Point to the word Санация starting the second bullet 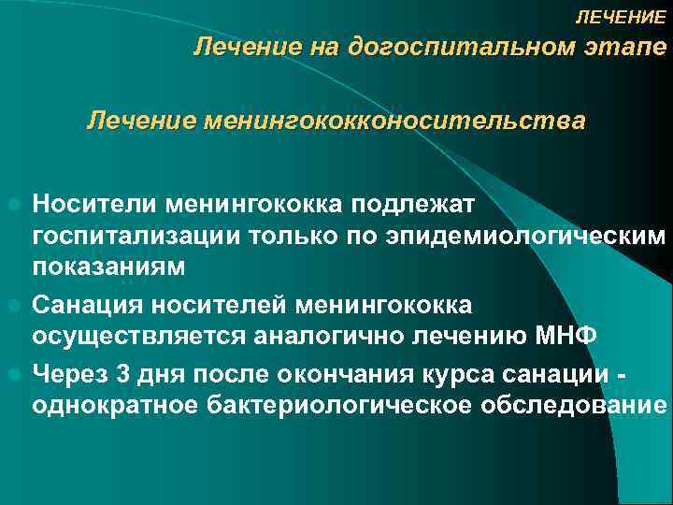coord(88,304)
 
